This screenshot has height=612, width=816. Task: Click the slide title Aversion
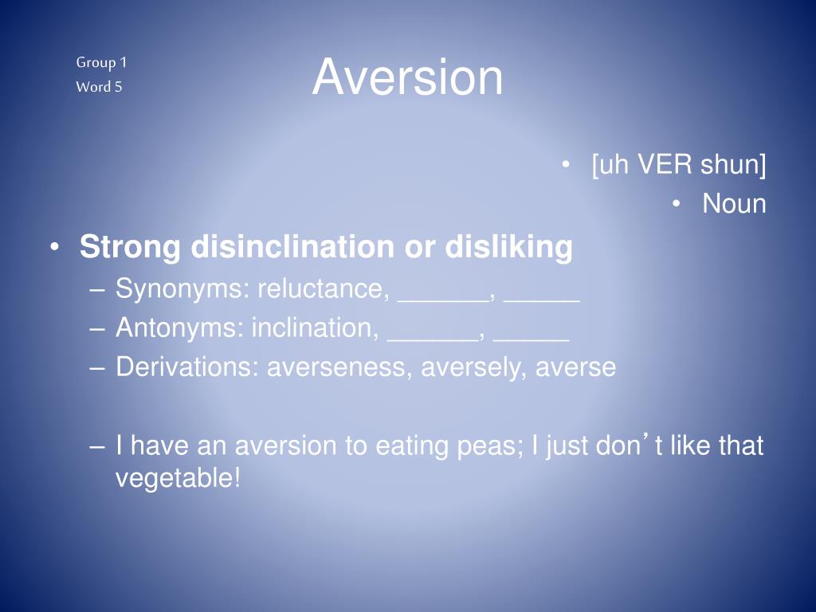pyautogui.click(x=407, y=78)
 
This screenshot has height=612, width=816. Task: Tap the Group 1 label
pyautogui.click(x=101, y=62)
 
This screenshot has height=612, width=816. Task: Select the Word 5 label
pyautogui.click(x=99, y=87)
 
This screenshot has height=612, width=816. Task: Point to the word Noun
pyautogui.click(x=734, y=204)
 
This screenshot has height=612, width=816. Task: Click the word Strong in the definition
pyautogui.click(x=130, y=247)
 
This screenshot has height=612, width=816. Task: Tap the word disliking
pyautogui.click(x=508, y=247)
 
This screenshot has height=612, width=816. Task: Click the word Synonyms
pyautogui.click(x=180, y=288)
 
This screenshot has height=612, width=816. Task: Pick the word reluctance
pyautogui.click(x=320, y=288)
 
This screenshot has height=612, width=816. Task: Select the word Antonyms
pyautogui.click(x=179, y=328)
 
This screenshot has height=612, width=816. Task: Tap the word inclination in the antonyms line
pyautogui.click(x=315, y=328)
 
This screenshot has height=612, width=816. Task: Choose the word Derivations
pyautogui.click(x=186, y=367)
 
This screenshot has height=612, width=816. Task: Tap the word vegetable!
pyautogui.click(x=178, y=479)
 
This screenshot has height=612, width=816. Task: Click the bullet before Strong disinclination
pyautogui.click(x=53, y=248)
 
